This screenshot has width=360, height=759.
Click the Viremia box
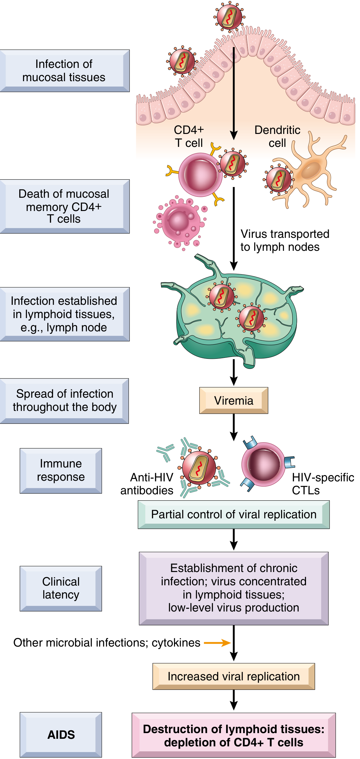click(x=234, y=401)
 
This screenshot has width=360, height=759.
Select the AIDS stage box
click(x=61, y=735)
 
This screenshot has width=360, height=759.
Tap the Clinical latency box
click(x=61, y=588)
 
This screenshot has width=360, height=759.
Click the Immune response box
click(x=61, y=471)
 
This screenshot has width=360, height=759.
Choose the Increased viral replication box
click(x=234, y=676)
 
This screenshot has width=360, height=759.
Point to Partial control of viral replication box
click(x=234, y=515)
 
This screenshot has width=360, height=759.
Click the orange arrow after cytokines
click(x=217, y=643)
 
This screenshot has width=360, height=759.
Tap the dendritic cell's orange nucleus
click(x=311, y=171)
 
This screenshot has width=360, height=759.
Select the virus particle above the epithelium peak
click(x=230, y=16)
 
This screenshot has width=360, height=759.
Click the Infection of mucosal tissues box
click(x=64, y=71)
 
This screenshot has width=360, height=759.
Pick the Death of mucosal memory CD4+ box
click(x=64, y=206)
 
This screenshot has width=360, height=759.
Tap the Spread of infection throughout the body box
click(x=64, y=401)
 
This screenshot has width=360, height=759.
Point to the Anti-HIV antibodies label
click(x=147, y=484)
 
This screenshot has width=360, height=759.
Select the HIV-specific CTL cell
click(x=263, y=464)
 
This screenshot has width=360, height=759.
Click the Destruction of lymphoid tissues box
click(x=234, y=735)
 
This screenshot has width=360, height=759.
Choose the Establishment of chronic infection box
click(x=234, y=588)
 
